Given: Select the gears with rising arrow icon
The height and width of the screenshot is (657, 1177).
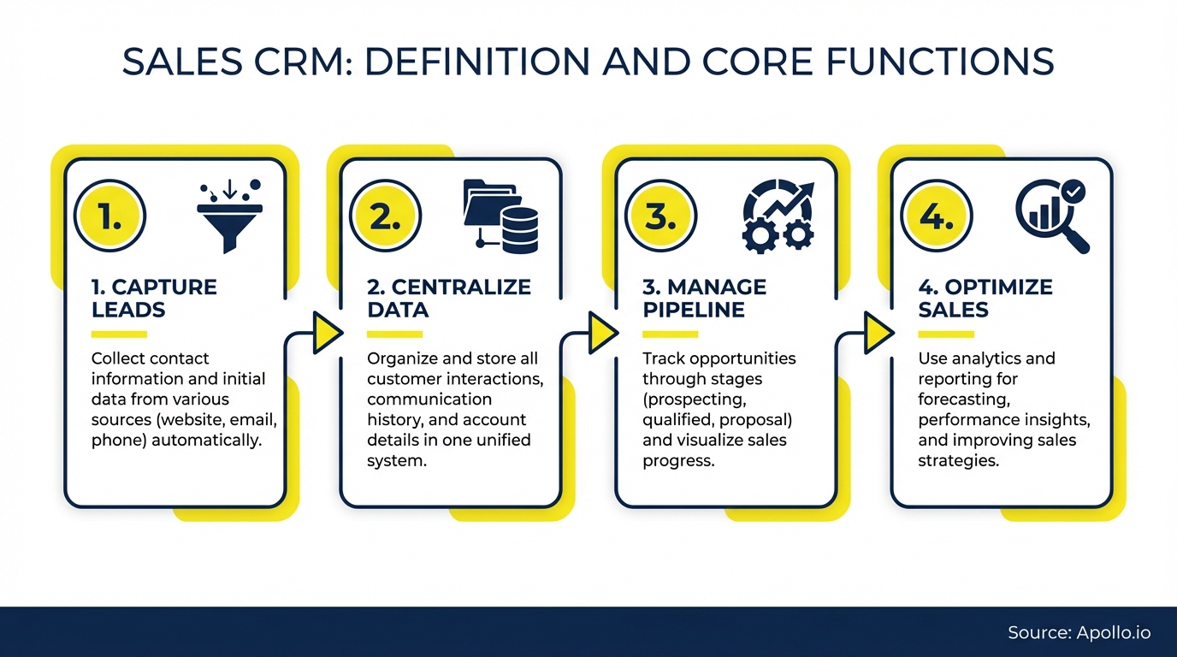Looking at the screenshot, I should click(x=778, y=216).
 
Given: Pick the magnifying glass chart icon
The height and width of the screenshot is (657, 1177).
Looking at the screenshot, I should click(x=1052, y=216).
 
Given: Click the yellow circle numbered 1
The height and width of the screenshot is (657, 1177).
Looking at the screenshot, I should click(x=110, y=216).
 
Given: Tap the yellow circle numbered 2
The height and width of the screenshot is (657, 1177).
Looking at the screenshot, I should click(x=386, y=216).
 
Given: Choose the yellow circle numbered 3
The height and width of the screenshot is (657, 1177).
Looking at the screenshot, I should click(x=661, y=216).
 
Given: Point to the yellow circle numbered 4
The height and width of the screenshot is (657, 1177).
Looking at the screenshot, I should click(x=937, y=216).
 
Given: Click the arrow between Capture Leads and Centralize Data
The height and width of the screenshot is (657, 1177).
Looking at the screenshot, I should click(x=326, y=333).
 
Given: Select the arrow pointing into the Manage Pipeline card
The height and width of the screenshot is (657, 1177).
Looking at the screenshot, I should click(x=602, y=333).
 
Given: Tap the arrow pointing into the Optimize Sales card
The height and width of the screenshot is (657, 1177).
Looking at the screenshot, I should click(x=878, y=333).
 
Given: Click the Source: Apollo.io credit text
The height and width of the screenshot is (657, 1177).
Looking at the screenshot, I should click(x=1079, y=633).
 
